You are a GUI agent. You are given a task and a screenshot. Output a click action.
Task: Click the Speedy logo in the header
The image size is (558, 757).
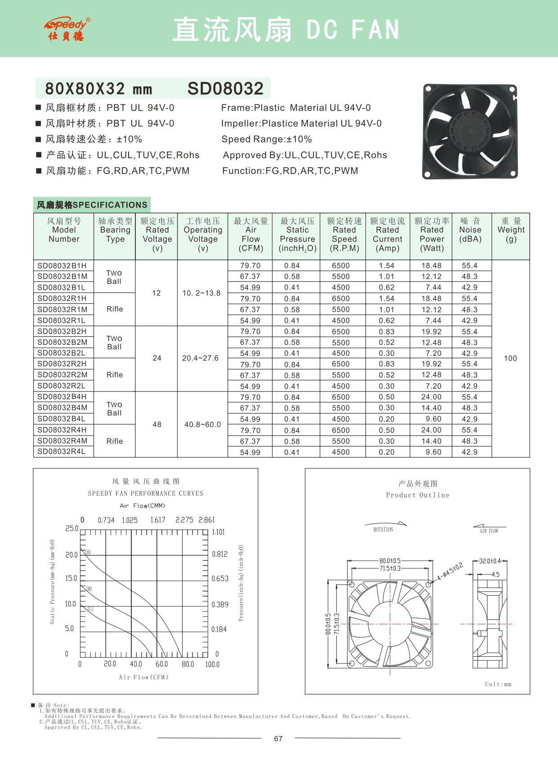point(67,29)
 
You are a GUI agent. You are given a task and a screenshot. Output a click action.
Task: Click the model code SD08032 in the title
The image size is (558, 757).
point(225,89)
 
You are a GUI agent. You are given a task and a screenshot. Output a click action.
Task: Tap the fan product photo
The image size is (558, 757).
point(469,131)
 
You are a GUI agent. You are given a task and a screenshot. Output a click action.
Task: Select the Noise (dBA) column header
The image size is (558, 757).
point(470,230)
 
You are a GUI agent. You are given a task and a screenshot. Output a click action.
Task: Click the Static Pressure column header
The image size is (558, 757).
point(297,234)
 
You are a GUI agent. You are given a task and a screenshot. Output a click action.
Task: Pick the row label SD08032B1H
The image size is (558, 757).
point(62,266)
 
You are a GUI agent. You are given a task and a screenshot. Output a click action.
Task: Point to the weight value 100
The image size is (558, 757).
point(510,358)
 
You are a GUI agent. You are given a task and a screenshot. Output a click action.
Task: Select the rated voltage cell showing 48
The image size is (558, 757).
point(157,424)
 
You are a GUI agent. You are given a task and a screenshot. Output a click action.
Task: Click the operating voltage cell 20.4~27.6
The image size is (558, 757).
point(201,358)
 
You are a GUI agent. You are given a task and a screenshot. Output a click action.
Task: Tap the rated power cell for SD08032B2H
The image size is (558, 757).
point(431,332)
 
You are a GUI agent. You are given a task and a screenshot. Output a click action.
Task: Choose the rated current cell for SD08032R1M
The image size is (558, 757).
point(387,310)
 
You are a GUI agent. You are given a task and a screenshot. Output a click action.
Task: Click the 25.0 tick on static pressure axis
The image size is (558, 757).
point(72,529)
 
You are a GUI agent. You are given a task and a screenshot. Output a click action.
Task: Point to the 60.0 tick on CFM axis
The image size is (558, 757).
point(161,664)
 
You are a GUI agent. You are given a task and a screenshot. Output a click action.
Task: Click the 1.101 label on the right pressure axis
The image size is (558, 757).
point(218,532)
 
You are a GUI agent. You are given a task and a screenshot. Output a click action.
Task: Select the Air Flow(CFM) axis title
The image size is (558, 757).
point(144,677)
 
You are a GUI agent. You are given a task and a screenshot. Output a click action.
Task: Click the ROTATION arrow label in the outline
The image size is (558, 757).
point(384,530)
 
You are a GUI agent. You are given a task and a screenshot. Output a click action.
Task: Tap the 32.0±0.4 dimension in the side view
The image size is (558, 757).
point(490,561)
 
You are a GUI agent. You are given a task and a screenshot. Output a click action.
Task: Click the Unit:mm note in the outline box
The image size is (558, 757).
point(498,684)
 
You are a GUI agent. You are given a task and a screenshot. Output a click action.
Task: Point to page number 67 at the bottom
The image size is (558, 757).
point(278,739)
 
